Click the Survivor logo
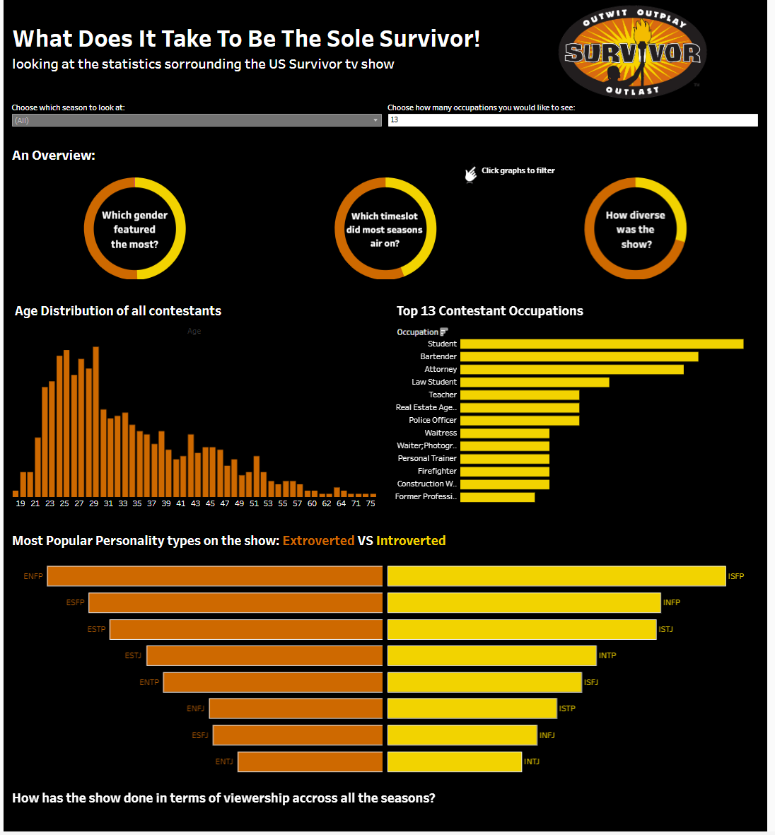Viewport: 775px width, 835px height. pyautogui.click(x=632, y=51)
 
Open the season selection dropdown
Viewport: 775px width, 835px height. pyautogui.click(x=197, y=120)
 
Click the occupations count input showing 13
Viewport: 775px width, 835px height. pyautogui.click(x=572, y=120)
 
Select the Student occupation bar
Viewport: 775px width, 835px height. pyautogui.click(x=601, y=344)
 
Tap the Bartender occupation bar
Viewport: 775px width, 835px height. pyautogui.click(x=578, y=356)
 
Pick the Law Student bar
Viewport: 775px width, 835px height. pyautogui.click(x=534, y=382)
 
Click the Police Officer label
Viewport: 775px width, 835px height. pyautogui.click(x=433, y=420)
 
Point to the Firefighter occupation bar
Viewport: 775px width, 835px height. pyautogui.click(x=504, y=471)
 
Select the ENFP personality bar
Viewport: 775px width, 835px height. pyautogui.click(x=214, y=576)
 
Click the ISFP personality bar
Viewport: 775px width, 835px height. pyautogui.click(x=557, y=576)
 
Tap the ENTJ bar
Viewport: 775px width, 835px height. pyautogui.click(x=310, y=761)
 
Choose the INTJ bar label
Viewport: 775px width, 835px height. pyautogui.click(x=532, y=761)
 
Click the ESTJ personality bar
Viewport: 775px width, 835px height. pyautogui.click(x=264, y=655)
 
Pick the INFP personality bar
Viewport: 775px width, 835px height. pyautogui.click(x=524, y=602)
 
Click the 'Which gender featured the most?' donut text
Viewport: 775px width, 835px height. pyautogui.click(x=134, y=230)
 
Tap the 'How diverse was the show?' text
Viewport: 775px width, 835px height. pyautogui.click(x=636, y=230)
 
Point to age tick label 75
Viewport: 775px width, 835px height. pyautogui.click(x=371, y=503)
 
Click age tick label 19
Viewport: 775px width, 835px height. pyautogui.click(x=21, y=503)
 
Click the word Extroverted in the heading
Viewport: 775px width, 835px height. pyautogui.click(x=318, y=541)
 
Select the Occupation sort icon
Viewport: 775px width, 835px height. pyautogui.click(x=444, y=332)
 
